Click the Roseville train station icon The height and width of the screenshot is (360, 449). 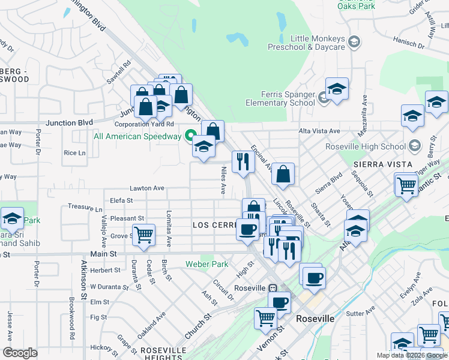pyautogui.click(x=273, y=287)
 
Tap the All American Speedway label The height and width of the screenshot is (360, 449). pyautogui.click(x=137, y=136)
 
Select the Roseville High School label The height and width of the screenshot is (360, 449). pyautogui.click(x=366, y=146)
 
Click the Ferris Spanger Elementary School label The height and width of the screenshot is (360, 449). pyautogui.click(x=288, y=98)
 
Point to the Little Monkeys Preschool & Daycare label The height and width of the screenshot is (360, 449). pyautogui.click(x=318, y=42)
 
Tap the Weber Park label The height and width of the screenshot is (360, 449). pyautogui.click(x=206, y=264)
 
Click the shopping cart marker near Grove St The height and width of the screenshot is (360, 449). pyautogui.click(x=143, y=235)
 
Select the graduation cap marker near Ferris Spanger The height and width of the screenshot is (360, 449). pyautogui.click(x=337, y=88)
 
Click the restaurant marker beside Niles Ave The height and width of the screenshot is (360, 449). pyautogui.click(x=243, y=161)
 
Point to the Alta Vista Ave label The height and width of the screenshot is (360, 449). pyautogui.click(x=319, y=131)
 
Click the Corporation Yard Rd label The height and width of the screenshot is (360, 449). pyautogui.click(x=144, y=124)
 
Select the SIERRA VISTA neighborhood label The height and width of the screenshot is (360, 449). pyautogui.click(x=382, y=164)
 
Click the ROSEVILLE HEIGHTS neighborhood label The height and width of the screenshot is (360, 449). pyautogui.click(x=163, y=353)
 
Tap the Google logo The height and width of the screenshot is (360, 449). pyautogui.click(x=20, y=353)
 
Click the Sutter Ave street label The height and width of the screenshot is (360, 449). pyautogui.click(x=360, y=313)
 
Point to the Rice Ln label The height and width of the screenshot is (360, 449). pyautogui.click(x=74, y=153)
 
